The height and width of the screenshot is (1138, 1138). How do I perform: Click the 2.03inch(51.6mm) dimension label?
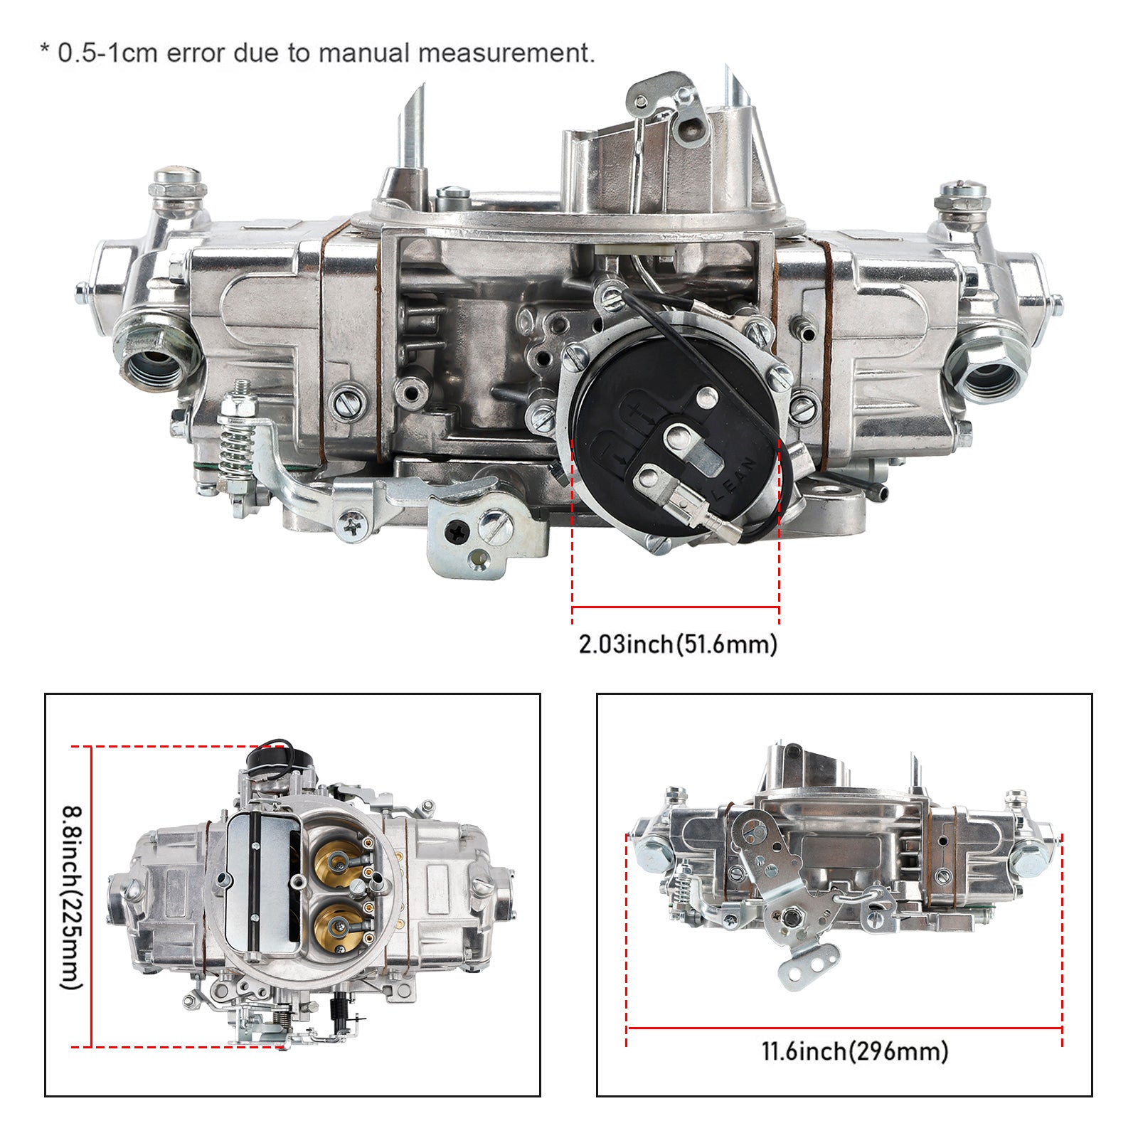[678, 644]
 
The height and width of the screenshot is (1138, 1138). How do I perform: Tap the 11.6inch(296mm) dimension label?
[855, 1051]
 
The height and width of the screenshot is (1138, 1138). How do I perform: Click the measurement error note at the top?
[317, 53]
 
